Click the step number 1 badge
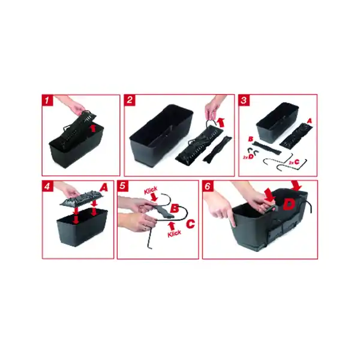pyautogui.click(x=47, y=100)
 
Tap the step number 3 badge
pyautogui.click(x=244, y=100)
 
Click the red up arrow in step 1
pyautogui.click(x=92, y=127)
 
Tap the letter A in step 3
pyautogui.click(x=309, y=120)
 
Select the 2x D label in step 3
pyautogui.click(x=247, y=156)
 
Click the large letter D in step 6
pyautogui.click(x=289, y=203)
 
